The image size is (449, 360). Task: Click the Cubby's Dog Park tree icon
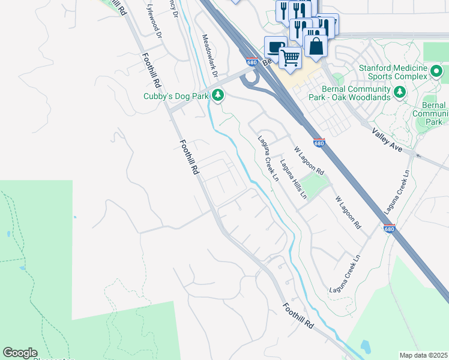click(219, 95)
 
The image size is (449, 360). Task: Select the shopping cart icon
click(290, 58)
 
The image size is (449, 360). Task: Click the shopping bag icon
click(316, 46)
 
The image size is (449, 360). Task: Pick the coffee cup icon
click(275, 47)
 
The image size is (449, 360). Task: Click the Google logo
click(20, 353)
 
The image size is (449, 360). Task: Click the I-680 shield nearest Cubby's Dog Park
click(252, 62)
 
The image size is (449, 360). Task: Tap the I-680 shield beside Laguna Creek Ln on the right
click(390, 229)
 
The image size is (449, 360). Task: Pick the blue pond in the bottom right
click(365, 346)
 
